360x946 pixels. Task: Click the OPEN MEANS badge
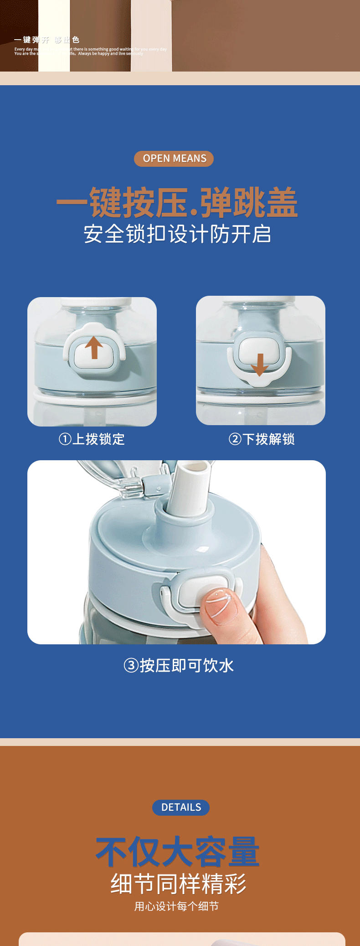point(174,159)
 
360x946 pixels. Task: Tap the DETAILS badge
point(181,807)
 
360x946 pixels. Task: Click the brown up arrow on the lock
point(94,347)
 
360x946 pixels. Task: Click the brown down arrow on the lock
point(260,365)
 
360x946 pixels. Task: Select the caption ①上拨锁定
point(92,439)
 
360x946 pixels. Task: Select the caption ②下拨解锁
point(262,439)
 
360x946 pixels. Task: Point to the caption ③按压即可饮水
point(179,666)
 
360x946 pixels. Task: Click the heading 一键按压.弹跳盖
point(177,203)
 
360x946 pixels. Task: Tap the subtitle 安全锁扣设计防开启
point(177,234)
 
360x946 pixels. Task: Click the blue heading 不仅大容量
point(178,852)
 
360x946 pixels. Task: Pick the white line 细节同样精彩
point(179,884)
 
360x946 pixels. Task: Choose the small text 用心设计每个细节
point(176,906)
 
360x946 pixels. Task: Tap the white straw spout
point(190,488)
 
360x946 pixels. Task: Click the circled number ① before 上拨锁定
point(65,439)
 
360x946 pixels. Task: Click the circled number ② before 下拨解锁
point(235,439)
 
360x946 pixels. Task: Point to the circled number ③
point(131,666)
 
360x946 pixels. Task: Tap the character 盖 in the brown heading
point(282,203)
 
